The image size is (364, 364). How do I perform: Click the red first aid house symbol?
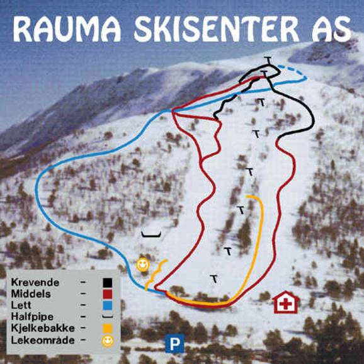286,302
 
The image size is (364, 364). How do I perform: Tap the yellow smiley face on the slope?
143,264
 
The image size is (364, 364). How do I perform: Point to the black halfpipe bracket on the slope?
151,234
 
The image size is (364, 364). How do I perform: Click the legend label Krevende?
31,282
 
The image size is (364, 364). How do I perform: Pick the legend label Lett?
20,305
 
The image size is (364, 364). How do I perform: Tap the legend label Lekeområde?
37,340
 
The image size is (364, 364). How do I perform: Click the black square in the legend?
108,282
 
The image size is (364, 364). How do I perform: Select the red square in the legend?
108,293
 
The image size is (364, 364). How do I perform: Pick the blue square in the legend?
108,305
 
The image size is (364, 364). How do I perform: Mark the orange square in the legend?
108,328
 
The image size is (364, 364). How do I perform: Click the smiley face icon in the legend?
108,341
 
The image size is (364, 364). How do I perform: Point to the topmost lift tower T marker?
269,60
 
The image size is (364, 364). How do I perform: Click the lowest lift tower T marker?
214,278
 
